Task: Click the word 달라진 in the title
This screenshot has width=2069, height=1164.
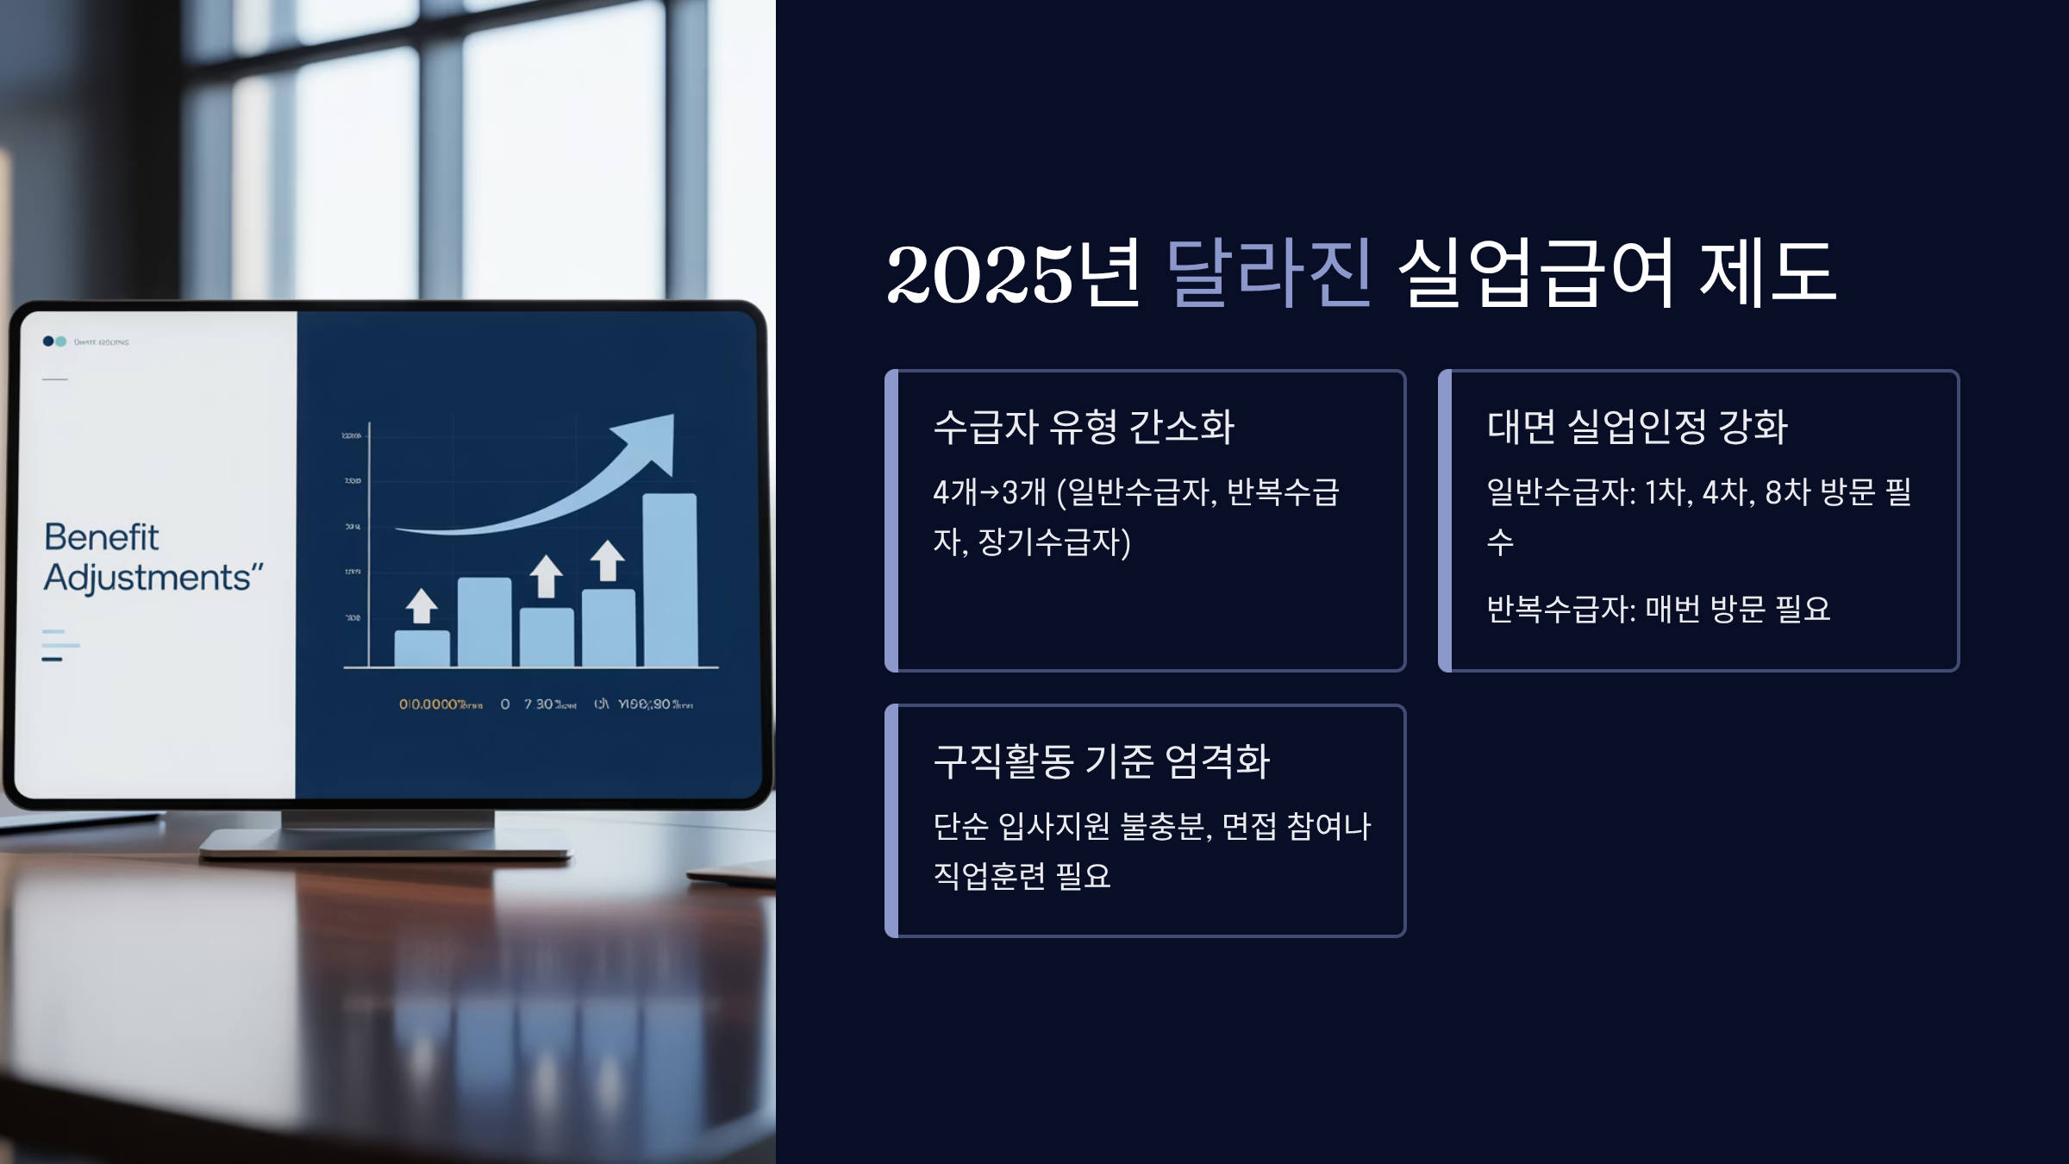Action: pyautogui.click(x=1267, y=273)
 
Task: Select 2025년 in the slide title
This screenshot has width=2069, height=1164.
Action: pyautogui.click(x=1014, y=273)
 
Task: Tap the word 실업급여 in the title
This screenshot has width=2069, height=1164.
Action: pyautogui.click(x=1535, y=273)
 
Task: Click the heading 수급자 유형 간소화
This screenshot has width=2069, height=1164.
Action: pyautogui.click(x=1084, y=427)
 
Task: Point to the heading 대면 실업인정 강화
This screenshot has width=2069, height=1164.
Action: pyautogui.click(x=1637, y=427)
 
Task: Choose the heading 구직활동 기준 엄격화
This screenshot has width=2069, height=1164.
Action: pyautogui.click(x=1101, y=761)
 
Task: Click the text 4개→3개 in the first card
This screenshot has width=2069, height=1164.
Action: pyautogui.click(x=990, y=492)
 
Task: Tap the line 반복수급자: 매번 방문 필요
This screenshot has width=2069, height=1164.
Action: pyautogui.click(x=1658, y=610)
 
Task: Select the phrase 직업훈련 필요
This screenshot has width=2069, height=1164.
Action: pyautogui.click(x=1022, y=876)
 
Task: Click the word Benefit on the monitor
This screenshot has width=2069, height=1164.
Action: pyautogui.click(x=102, y=537)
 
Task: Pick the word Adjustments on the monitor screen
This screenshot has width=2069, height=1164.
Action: pyautogui.click(x=148, y=578)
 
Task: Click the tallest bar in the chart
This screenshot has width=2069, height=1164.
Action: pyautogui.click(x=670, y=579)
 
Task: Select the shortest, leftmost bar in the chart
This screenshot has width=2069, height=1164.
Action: pyautogui.click(x=422, y=648)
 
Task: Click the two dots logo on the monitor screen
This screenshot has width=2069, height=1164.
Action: pyautogui.click(x=54, y=341)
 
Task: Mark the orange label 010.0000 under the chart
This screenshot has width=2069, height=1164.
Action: pyautogui.click(x=428, y=704)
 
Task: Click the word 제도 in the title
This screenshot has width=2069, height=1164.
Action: pyautogui.click(x=1767, y=273)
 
